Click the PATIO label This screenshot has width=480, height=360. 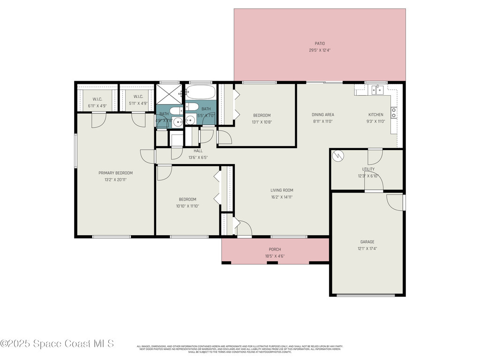[320, 44]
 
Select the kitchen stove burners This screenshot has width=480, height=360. [394, 112]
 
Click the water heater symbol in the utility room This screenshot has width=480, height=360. [338, 156]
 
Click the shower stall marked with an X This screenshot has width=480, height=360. [168, 94]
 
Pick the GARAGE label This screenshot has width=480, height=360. [367, 242]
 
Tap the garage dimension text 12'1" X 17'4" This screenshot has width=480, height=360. [367, 248]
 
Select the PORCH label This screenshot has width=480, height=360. [275, 249]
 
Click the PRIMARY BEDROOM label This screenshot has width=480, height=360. [115, 172]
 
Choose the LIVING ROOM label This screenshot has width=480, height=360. [282, 190]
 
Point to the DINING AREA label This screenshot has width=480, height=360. [323, 114]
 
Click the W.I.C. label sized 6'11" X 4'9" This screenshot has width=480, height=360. [97, 99]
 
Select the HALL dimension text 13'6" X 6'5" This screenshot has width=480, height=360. [198, 157]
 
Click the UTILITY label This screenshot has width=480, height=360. [368, 169]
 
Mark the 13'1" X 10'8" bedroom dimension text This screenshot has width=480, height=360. [262, 122]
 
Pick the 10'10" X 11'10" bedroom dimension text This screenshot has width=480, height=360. [187, 206]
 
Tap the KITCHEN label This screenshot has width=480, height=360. [375, 114]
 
